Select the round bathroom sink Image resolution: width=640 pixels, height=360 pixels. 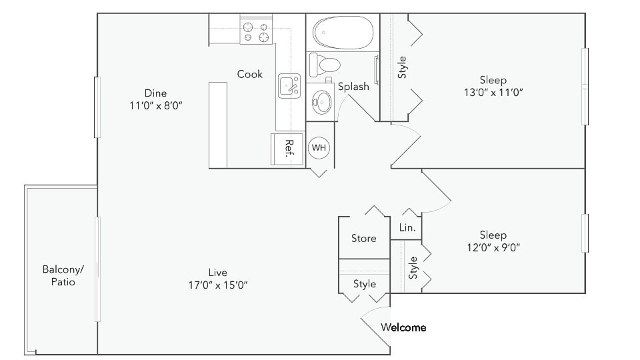click(323, 102)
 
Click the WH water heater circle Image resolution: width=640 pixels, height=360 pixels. click(319, 147)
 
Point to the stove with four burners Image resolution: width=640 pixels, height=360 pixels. click(258, 31)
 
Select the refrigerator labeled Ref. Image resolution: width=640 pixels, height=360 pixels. click(282, 147)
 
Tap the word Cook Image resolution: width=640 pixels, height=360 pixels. click(250, 74)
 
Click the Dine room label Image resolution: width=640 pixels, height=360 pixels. click(155, 93)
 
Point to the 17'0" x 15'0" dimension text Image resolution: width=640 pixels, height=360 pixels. click(218, 285)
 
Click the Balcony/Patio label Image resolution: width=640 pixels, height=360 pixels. click(63, 275)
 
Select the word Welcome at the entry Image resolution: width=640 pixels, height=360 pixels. click(403, 327)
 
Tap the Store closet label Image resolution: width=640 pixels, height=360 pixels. click(363, 238)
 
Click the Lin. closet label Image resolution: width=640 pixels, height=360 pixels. click(407, 227)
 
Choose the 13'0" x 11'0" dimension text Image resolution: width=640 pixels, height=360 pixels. click(493, 93)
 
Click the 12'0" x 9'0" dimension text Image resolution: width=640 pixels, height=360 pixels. click(493, 247)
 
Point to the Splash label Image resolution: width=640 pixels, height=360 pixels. click(353, 86)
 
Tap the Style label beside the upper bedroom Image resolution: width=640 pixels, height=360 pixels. click(402, 67)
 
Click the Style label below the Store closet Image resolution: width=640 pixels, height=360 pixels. click(365, 284)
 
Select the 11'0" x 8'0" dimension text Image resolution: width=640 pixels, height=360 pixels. click(156, 105)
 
